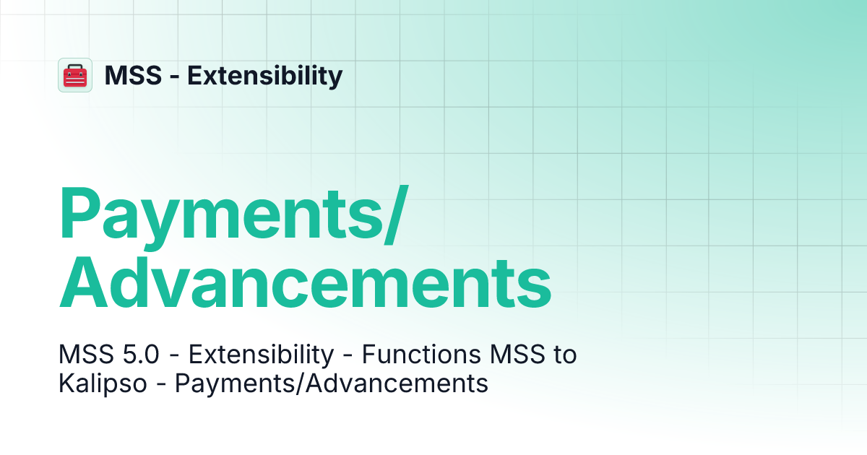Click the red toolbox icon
tap(75, 75)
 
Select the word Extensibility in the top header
tap(265, 75)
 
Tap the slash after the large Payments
tap(394, 214)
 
